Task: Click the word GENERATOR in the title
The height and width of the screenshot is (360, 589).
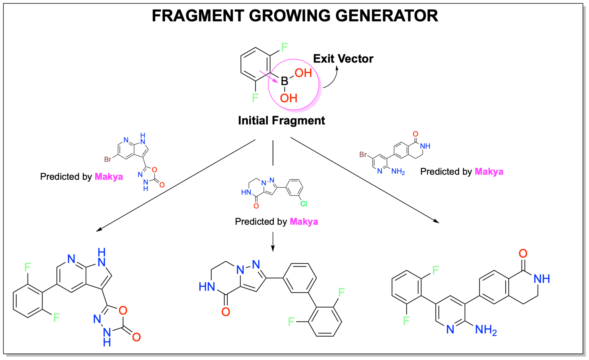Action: [x=387, y=16]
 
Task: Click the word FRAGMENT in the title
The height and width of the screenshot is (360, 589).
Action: [x=198, y=16]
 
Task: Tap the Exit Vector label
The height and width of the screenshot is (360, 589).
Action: [x=343, y=59]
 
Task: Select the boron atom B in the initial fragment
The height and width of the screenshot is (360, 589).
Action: [x=284, y=81]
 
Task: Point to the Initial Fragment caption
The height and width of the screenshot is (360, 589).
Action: [x=282, y=120]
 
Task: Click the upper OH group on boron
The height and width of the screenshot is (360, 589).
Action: [x=303, y=73]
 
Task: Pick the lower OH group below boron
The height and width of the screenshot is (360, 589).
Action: [x=288, y=98]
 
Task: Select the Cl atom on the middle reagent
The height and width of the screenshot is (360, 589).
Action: [x=304, y=204]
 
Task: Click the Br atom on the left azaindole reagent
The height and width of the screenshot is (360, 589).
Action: [x=108, y=159]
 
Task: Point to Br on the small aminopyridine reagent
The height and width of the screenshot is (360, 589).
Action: [x=363, y=155]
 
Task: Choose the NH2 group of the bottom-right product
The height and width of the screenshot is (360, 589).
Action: [x=486, y=330]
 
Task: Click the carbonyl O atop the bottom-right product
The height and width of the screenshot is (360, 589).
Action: [x=523, y=254]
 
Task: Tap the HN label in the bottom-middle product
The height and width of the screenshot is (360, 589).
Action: [x=207, y=287]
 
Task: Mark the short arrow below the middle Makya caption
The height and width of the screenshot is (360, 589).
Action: [x=273, y=242]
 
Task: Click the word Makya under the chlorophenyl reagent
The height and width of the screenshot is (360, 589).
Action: [x=304, y=222]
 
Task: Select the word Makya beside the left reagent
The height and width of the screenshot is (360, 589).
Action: [x=109, y=176]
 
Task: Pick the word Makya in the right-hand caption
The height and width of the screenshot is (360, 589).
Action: [x=489, y=172]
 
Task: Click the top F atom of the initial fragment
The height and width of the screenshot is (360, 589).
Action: [x=284, y=47]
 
